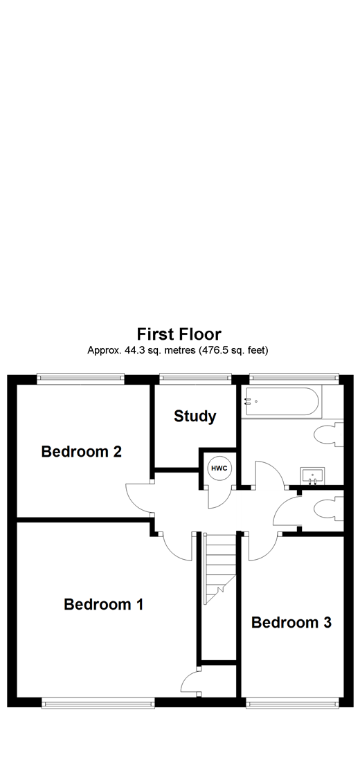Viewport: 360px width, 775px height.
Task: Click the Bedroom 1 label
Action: pyautogui.click(x=103, y=604)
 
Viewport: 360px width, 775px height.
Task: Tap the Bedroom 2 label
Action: pyautogui.click(x=82, y=452)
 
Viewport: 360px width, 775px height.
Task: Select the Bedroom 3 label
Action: pyautogui.click(x=291, y=623)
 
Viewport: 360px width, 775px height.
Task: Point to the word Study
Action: pyautogui.click(x=195, y=417)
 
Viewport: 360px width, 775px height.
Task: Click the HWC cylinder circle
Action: pyautogui.click(x=219, y=468)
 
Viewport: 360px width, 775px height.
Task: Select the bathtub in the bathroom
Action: pyautogui.click(x=281, y=401)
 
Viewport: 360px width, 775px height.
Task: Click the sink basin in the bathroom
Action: pyautogui.click(x=313, y=475)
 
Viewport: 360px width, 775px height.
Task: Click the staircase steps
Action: pyautogui.click(x=219, y=567)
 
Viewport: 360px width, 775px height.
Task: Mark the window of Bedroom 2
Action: pyautogui.click(x=82, y=378)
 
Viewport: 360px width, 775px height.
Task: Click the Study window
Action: pyautogui.click(x=195, y=378)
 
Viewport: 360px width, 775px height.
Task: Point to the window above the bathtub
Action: pyautogui.click(x=294, y=378)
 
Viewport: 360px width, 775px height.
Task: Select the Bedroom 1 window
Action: pyautogui.click(x=97, y=703)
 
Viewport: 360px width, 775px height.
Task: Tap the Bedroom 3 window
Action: pyautogui.click(x=291, y=703)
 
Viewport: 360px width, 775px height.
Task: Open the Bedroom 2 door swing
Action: pyautogui.click(x=138, y=498)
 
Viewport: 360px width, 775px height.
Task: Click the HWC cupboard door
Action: pyautogui.click(x=220, y=497)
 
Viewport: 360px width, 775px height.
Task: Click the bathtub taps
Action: pyautogui.click(x=248, y=401)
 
